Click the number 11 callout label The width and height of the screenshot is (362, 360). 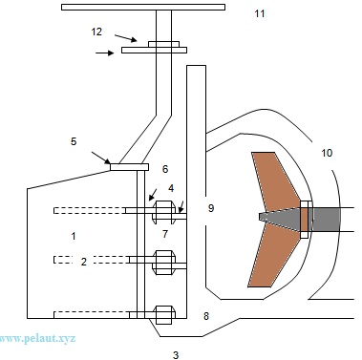pos(260,13)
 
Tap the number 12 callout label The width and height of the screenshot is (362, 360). pos(96,32)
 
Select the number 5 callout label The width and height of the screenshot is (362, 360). pos(74,141)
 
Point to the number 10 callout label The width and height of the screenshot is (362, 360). pos(327,153)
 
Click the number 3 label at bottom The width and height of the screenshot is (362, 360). pos(176,354)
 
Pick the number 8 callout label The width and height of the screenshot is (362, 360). pos(206,316)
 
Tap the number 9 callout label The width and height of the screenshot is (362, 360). pos(211,208)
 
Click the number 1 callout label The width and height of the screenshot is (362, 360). pos(74,236)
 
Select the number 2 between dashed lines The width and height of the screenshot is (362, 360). pos(84,262)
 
